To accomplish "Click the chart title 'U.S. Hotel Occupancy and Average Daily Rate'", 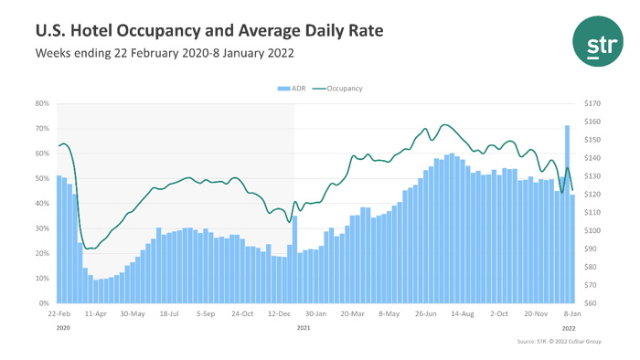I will click(208, 31).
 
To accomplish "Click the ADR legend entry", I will click(293, 89).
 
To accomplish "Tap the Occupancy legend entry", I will click(337, 89).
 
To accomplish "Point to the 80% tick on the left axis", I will click(42, 104).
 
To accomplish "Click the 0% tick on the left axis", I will click(44, 303).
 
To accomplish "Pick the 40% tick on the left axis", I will click(42, 204).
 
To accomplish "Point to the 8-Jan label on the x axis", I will click(570, 313).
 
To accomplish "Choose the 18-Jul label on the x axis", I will click(169, 313).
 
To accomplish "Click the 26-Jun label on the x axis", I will click(425, 313).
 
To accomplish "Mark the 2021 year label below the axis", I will click(304, 326).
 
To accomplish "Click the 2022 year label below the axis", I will click(568, 326).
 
